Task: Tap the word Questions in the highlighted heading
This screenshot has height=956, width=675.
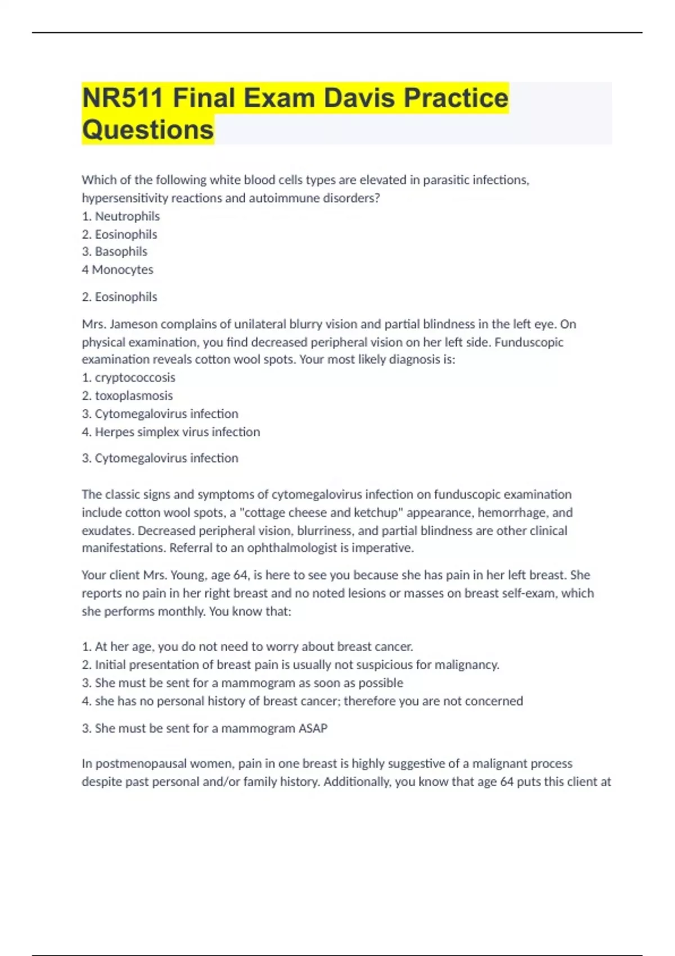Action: [x=148, y=130]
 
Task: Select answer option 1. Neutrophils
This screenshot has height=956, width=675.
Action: [x=121, y=217]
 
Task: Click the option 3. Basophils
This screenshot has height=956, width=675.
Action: [x=115, y=252]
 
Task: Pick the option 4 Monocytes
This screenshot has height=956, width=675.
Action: [x=118, y=270]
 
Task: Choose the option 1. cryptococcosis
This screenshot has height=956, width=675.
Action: [x=129, y=378]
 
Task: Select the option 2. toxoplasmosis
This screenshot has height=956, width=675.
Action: [x=128, y=396]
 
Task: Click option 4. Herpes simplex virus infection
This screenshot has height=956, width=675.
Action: [x=171, y=432]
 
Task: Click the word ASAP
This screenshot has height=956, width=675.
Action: [x=313, y=729]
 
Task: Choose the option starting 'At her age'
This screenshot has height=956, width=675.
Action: [x=247, y=647]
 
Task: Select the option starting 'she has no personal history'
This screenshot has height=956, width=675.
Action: [x=303, y=701]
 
